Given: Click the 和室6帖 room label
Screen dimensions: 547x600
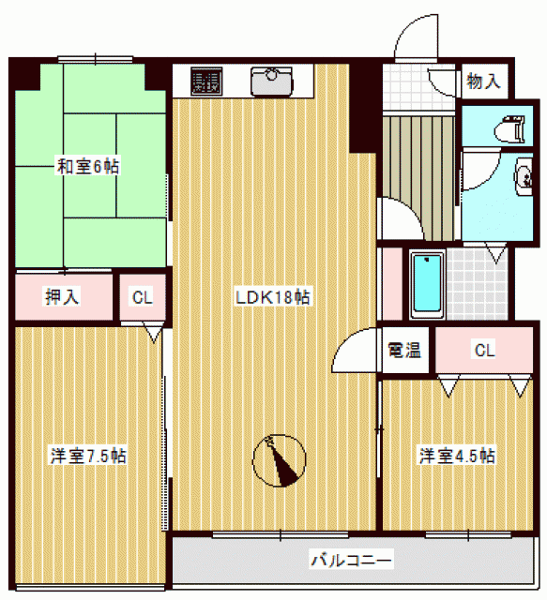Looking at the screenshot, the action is [87, 167].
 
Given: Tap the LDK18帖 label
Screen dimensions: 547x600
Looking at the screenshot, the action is [273, 297].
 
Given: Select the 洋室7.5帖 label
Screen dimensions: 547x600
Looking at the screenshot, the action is [88, 456].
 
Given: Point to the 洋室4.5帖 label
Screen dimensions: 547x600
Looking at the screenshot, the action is [457, 456].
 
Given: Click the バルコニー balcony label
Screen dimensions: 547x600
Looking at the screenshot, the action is [351, 561].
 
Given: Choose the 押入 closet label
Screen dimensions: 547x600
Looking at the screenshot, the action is [62, 297].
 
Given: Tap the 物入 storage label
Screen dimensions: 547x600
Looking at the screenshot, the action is [483, 81].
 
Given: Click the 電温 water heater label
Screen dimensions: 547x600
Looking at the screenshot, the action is [404, 350].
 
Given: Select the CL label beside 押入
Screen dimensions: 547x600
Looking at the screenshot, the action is [142, 297].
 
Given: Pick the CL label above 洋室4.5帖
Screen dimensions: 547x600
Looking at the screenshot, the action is [484, 350].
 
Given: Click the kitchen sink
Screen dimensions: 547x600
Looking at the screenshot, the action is [271, 82].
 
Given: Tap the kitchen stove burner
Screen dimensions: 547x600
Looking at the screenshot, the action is [206, 82].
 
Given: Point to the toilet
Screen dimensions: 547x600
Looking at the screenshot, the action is [509, 129].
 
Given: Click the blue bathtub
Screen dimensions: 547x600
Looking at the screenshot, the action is [427, 283].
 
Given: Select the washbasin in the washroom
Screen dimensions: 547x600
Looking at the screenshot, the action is [524, 177].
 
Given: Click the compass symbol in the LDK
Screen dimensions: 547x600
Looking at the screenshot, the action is [280, 460].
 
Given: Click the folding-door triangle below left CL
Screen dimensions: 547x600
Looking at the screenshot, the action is [154, 332].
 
